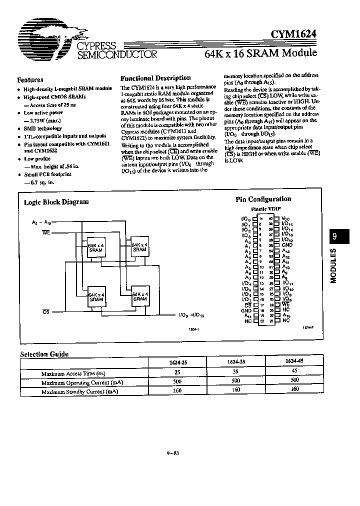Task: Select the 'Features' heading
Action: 30,79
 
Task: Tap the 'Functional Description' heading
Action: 155,78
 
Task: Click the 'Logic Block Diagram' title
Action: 56,202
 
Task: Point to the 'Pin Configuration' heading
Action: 263,199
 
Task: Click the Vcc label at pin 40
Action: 285,218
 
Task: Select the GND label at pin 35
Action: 286,245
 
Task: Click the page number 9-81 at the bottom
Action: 173,453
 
